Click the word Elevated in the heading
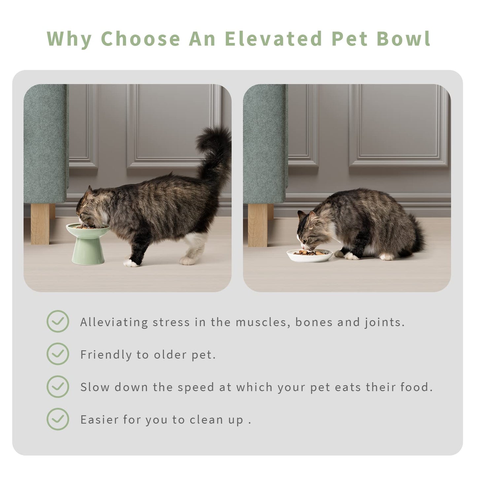[273, 39]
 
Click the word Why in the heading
[69, 39]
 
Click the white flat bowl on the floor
[310, 255]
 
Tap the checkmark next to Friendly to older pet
[58, 354]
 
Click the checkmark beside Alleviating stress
[58, 321]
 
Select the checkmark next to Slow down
[58, 387]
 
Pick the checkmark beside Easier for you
[58, 419]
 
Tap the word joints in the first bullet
[384, 322]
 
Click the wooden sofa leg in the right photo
[258, 225]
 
